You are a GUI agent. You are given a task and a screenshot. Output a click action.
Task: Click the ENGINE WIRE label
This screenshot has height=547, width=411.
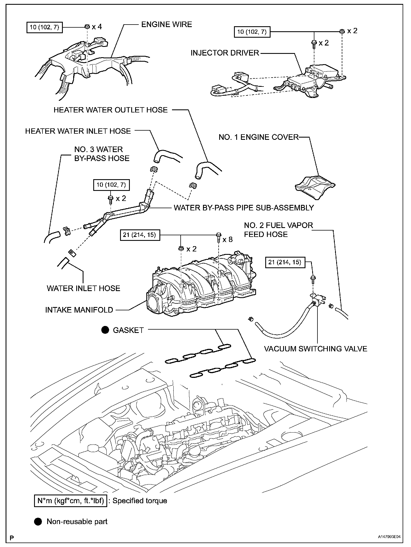167,25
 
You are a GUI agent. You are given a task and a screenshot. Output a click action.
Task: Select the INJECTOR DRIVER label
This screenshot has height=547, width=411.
225,53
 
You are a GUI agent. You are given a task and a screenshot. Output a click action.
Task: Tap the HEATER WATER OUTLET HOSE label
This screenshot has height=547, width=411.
111,110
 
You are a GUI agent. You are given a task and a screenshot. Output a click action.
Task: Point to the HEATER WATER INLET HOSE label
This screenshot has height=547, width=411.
78,131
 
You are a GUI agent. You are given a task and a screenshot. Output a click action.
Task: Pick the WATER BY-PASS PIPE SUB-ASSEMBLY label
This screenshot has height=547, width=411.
244,208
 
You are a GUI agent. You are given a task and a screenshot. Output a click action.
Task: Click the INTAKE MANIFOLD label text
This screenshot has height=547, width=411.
79,310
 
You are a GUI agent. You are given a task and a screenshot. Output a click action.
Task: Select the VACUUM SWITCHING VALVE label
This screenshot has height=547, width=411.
316,349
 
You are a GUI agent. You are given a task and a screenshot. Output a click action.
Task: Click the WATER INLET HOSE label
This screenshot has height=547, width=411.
83,288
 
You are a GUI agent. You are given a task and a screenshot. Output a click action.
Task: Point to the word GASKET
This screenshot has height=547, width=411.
128,330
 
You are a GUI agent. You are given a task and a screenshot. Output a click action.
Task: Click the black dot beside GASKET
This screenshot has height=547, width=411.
105,330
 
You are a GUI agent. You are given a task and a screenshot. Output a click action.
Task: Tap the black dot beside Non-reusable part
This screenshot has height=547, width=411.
38,522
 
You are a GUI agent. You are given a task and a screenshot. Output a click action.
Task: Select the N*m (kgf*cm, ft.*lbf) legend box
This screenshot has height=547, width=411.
71,501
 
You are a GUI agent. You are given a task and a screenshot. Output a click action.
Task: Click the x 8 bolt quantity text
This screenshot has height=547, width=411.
228,239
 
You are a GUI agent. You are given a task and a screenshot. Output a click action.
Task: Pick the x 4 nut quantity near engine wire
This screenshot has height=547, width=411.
97,27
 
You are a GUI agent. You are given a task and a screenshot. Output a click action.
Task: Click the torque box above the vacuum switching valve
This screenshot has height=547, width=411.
285,263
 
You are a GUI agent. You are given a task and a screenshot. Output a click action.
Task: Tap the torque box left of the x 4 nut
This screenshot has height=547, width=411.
44,28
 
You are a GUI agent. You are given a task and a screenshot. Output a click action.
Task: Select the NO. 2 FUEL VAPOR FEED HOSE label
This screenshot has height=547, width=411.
278,230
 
